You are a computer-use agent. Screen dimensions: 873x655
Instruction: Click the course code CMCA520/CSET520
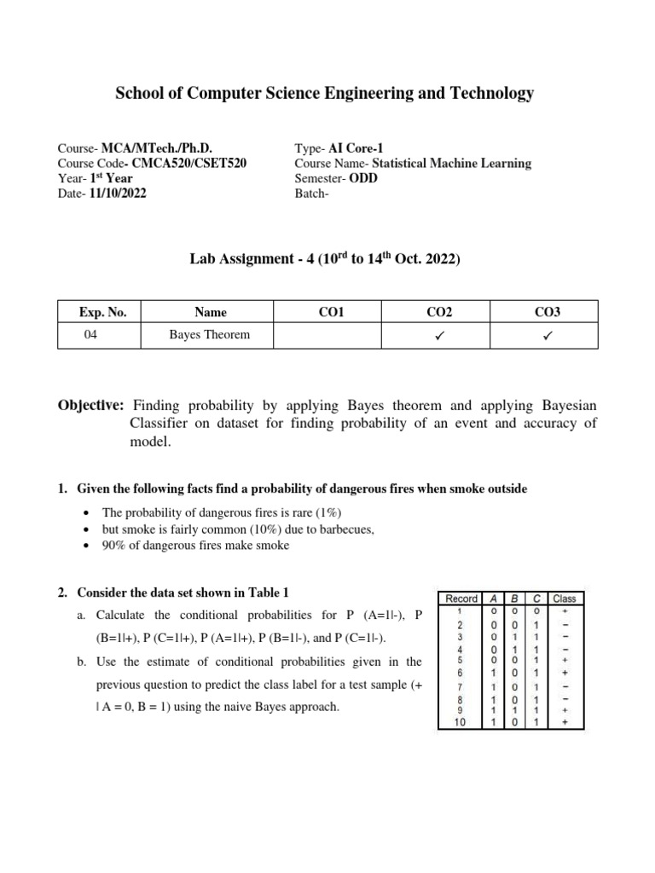tap(189, 163)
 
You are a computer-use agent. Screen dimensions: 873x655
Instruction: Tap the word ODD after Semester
tap(363, 178)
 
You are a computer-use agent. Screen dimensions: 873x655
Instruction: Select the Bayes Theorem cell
tap(210, 334)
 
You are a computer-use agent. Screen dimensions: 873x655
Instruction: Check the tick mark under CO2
tap(438, 336)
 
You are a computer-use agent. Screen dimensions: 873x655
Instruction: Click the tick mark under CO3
tap(546, 336)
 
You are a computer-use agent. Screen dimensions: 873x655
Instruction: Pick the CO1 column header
tap(330, 313)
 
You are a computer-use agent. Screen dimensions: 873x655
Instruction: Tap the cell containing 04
tap(91, 334)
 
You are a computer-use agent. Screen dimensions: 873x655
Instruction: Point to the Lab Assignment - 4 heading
tap(324, 259)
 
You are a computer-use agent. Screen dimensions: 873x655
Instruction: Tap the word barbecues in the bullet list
tap(346, 529)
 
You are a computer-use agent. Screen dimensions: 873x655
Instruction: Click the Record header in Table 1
tap(461, 598)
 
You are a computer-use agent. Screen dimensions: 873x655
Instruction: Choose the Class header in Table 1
tap(565, 598)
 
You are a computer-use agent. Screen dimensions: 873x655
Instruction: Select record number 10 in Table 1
tap(460, 722)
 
